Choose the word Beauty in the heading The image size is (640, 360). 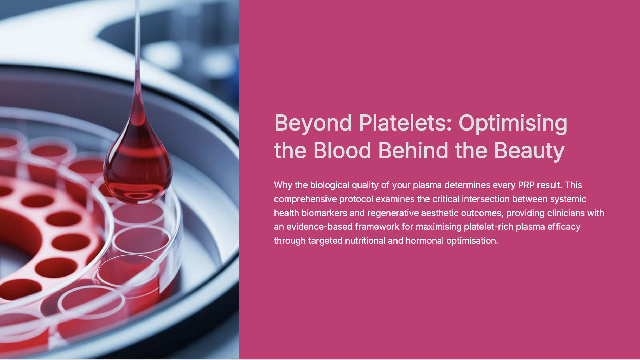(529, 151)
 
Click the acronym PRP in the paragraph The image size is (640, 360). (526, 185)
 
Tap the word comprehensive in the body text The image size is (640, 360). (305, 199)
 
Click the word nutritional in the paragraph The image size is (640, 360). (365, 241)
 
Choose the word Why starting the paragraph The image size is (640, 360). (283, 185)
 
